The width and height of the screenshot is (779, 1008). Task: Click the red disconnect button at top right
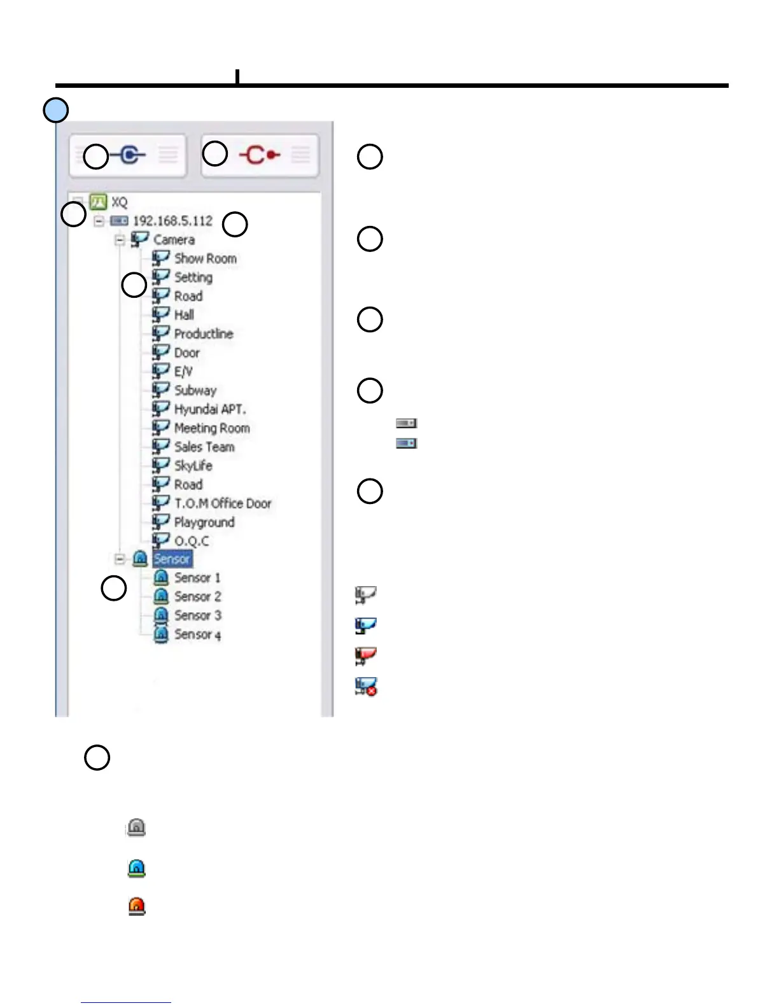click(x=260, y=155)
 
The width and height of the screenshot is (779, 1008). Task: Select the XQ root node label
click(x=119, y=202)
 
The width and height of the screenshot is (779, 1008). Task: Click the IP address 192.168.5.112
click(x=172, y=221)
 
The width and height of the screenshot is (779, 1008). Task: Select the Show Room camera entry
click(x=205, y=258)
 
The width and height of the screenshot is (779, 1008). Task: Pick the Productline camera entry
click(x=204, y=333)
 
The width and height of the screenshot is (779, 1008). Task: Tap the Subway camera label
click(x=195, y=390)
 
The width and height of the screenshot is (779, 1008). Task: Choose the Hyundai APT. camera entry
click(x=210, y=409)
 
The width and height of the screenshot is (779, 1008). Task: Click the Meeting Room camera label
click(x=212, y=428)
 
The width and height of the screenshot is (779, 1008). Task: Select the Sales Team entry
click(x=204, y=447)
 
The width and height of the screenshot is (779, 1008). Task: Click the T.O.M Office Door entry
click(x=223, y=503)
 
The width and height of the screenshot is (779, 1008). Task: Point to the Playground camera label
click(x=204, y=522)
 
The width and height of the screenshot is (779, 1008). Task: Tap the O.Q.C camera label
click(x=192, y=541)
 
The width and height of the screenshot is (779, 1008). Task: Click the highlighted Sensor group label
click(x=172, y=559)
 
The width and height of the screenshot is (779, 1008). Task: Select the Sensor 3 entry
click(x=198, y=615)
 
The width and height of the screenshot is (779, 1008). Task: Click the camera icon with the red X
click(x=366, y=687)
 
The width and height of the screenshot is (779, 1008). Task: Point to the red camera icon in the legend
click(x=366, y=655)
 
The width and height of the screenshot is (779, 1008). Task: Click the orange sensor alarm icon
click(x=137, y=906)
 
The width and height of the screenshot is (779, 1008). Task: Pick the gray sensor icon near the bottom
click(x=136, y=827)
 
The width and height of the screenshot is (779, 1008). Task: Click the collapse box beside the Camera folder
click(x=120, y=240)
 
